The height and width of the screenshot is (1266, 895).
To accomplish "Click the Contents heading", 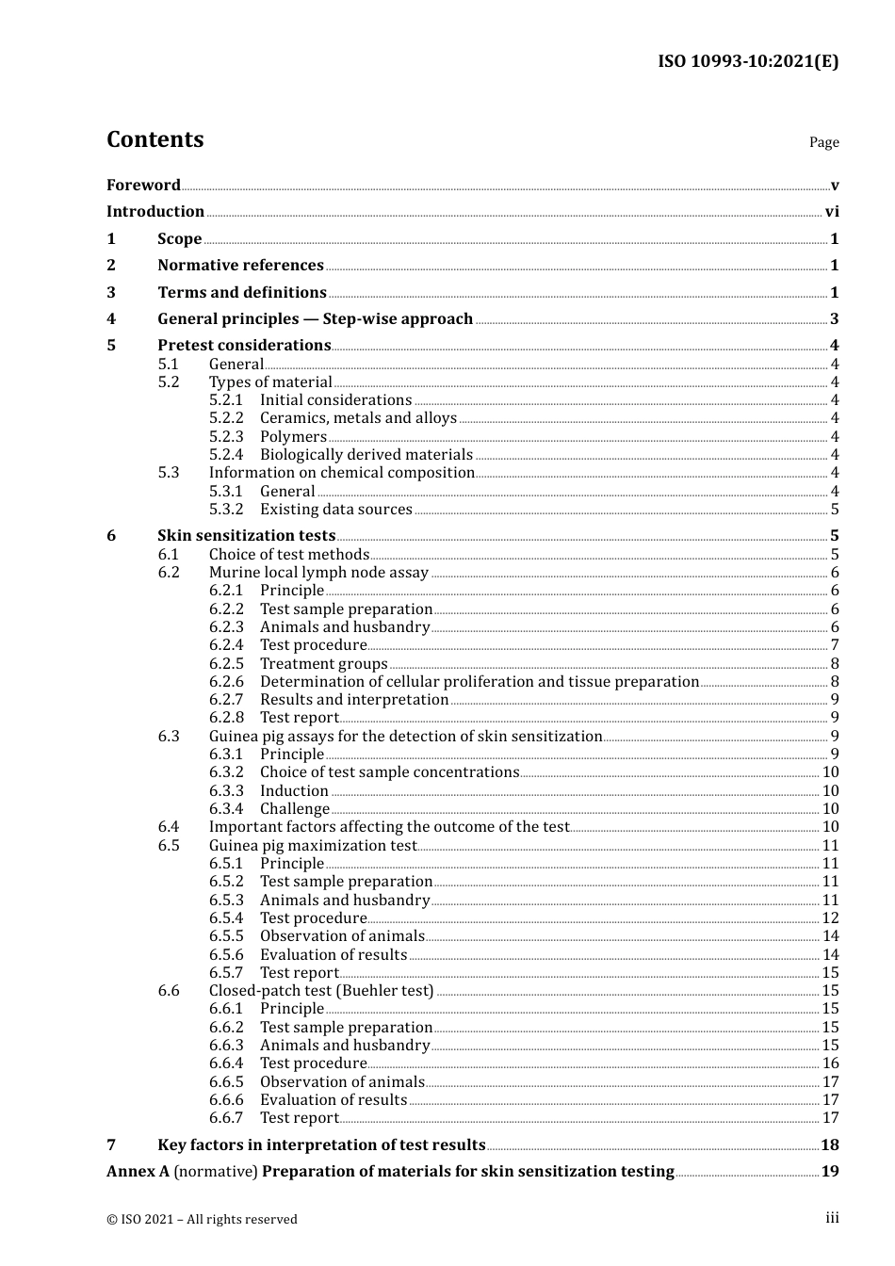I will coord(155,139).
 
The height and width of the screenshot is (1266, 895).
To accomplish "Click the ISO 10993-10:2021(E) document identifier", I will coord(747,61).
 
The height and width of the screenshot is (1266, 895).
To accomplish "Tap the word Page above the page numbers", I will coord(823,142).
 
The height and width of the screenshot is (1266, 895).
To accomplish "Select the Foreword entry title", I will coord(143,185).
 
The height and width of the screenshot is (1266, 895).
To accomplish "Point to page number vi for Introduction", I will coord(832,212).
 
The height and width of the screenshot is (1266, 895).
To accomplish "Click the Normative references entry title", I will coord(240,266).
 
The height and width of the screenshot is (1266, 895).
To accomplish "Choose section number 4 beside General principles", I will coord(111,319).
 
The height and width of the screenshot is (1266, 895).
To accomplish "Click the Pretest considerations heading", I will coord(244,346).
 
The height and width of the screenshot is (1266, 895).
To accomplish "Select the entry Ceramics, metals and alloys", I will coord(358,418).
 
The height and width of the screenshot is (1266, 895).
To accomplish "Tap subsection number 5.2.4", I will coord(226,455).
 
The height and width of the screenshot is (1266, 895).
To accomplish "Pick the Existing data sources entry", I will coord(335,510).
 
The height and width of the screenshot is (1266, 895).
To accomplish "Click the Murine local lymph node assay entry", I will coord(318,573).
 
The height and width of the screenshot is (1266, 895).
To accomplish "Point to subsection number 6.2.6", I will coord(226,682).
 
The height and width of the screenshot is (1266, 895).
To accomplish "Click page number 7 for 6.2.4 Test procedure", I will coord(835,645).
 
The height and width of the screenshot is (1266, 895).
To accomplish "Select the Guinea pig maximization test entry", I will coord(312,846).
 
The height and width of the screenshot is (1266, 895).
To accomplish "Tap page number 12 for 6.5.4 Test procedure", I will coord(830,918).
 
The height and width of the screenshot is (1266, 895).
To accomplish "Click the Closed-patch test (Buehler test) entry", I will coord(321,991).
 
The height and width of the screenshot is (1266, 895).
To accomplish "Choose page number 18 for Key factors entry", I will coord(829,1145).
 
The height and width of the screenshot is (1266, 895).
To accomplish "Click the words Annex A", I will coord(138,1172).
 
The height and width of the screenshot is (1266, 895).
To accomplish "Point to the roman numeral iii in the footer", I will coord(832,1218).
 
